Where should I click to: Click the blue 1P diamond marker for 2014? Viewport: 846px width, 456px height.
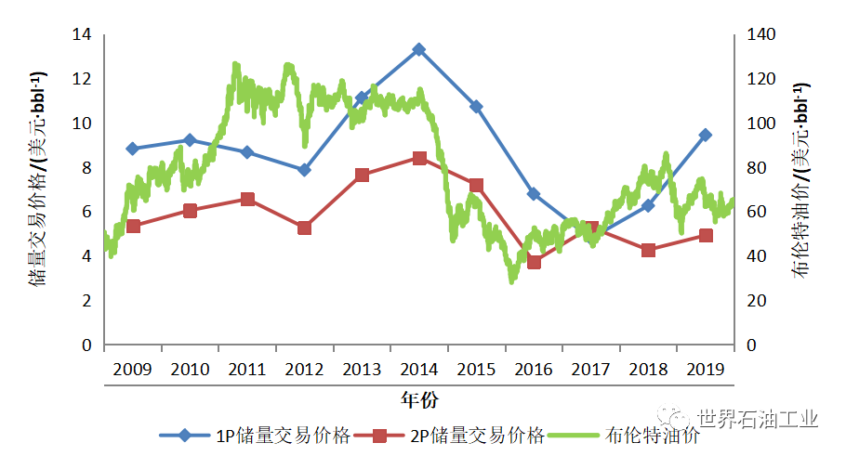coord(418,49)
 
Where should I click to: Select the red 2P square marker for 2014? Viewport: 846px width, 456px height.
coord(418,158)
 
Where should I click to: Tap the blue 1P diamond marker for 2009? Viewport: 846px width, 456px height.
coord(132,149)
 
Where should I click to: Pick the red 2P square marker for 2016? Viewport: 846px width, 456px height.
coord(534,262)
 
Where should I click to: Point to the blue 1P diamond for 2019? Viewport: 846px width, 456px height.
coord(706,135)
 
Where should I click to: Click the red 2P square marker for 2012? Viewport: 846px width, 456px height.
coord(304,228)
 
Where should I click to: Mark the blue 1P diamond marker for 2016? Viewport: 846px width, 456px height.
coord(534,194)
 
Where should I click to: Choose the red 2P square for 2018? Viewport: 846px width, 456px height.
coord(648,250)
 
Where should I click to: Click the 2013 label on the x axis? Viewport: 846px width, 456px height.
coord(362,370)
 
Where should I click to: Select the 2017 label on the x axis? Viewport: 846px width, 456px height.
coord(590,370)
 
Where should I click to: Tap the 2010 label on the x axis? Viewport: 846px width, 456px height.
coord(190,370)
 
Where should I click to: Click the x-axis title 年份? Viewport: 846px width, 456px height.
coord(419,400)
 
